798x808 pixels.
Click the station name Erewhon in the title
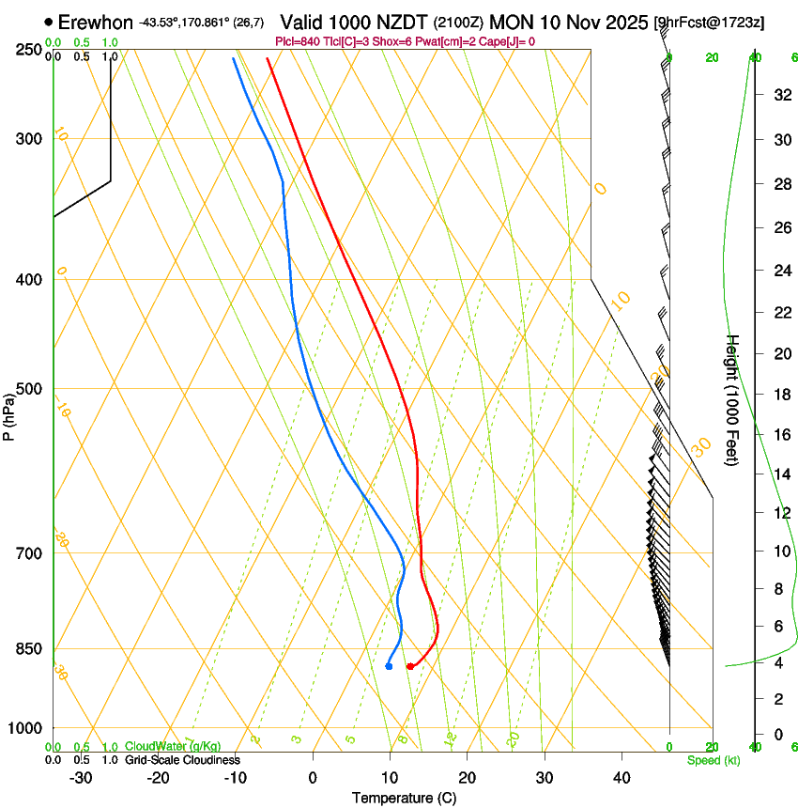click(x=96, y=22)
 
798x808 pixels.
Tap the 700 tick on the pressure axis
click(x=28, y=553)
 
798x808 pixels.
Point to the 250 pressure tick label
click(x=28, y=49)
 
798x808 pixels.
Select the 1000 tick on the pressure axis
click(x=25, y=728)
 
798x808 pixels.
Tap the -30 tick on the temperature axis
click(x=81, y=777)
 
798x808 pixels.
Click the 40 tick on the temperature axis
click(x=622, y=777)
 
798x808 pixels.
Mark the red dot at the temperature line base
click(x=409, y=666)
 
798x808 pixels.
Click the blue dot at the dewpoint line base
click(x=389, y=666)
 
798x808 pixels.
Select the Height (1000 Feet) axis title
click(x=733, y=400)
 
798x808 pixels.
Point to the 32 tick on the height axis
click(x=781, y=95)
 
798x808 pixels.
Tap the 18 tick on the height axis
click(x=781, y=395)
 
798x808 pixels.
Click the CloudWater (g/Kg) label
click(x=172, y=747)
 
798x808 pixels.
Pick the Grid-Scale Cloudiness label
click(x=182, y=760)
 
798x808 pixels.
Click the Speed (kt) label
click(x=713, y=760)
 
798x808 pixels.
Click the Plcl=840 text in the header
click(x=297, y=41)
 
